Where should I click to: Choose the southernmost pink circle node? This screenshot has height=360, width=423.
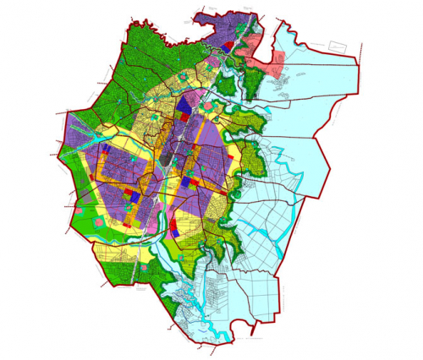click(x=151, y=268)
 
